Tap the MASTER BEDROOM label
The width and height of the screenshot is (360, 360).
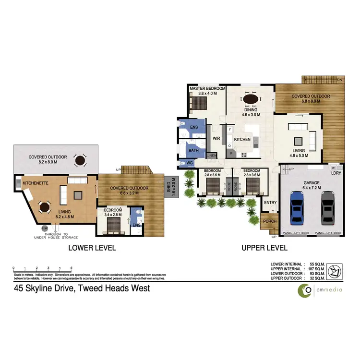(x=207, y=89)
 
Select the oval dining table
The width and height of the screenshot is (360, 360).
(x=251, y=99)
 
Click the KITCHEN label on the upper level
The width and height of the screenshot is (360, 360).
(x=242, y=139)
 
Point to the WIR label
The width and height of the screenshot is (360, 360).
(x=216, y=138)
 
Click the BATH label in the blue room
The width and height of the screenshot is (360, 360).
(x=193, y=150)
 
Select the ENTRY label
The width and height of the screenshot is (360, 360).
(x=270, y=203)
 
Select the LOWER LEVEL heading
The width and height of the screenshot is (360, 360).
(x=92, y=248)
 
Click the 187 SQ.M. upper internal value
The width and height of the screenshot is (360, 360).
(x=317, y=269)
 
